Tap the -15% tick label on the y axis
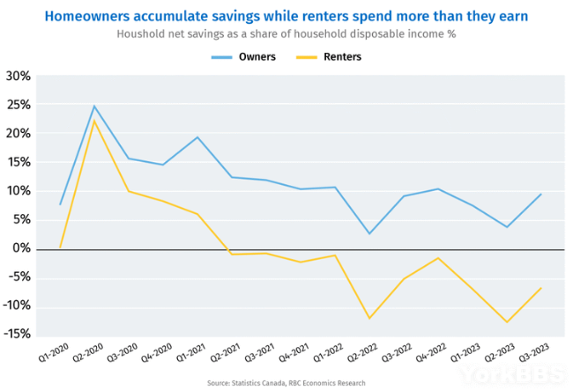pyautogui.click(x=18, y=336)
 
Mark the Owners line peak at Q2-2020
pyautogui.click(x=94, y=107)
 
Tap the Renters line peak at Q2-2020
pyautogui.click(x=94, y=121)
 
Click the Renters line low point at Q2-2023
pyautogui.click(x=507, y=321)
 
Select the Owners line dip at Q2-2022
pyautogui.click(x=369, y=233)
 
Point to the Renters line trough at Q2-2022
pyautogui.click(x=369, y=318)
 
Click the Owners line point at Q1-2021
pyautogui.click(x=197, y=137)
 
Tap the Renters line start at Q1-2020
pyautogui.click(x=60, y=248)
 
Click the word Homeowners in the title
pyautogui.click(x=87, y=16)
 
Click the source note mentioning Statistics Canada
pyautogui.click(x=286, y=383)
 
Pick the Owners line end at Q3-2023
pyautogui.click(x=540, y=194)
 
